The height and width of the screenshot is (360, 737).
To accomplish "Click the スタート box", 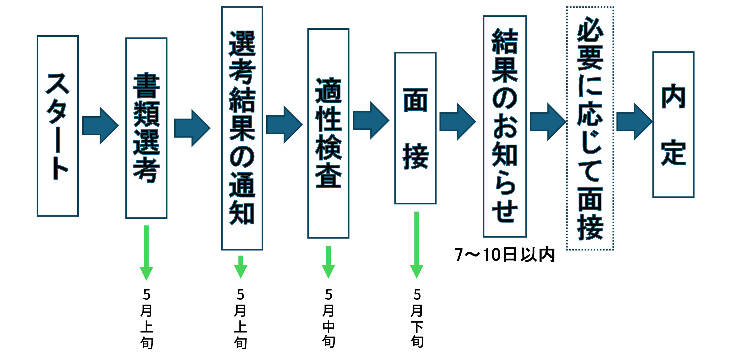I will coord(57,126).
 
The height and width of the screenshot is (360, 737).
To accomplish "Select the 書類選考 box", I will coord(146,128).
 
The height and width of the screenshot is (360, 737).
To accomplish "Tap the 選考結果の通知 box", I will coord(242,128).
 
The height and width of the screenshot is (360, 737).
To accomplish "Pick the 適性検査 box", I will coord(328,133).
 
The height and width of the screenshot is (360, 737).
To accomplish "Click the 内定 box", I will coord(673,124).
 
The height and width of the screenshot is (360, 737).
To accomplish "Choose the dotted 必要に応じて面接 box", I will coord(590,128).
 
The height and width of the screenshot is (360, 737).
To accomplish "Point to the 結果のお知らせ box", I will coord(505,126).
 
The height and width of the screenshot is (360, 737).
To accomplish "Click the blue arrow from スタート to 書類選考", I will coord(100,126).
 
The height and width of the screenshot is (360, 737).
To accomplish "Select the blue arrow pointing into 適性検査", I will coord(284,124).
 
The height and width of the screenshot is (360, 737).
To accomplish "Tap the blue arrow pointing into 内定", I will coord(634,122).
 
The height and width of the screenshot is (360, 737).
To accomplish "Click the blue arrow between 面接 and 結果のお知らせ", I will coord(457,122).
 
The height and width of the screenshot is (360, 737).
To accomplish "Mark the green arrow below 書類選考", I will coord(146,252).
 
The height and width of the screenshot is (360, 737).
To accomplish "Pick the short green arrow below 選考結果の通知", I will coord(241,266).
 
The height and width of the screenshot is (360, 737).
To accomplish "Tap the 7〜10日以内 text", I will coord(505,254).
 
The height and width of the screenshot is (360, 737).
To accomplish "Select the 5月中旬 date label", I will coord(328,318).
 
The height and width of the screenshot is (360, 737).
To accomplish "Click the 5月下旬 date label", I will coord(417,318).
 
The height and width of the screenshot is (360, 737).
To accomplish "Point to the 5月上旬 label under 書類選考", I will coord(146,319).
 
